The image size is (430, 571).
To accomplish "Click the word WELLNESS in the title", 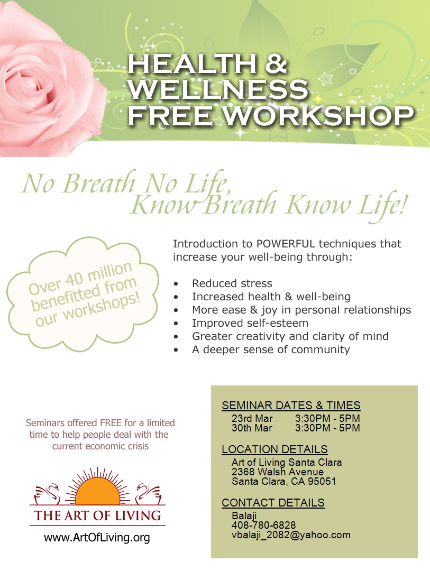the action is (x=218, y=89).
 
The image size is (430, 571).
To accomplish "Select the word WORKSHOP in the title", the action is (x=318, y=115).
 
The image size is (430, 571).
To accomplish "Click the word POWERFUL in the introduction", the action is (x=286, y=244).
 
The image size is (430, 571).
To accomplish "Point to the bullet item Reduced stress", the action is (x=232, y=283).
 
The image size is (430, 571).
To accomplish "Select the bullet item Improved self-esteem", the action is (x=250, y=323).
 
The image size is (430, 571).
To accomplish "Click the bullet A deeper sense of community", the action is (x=271, y=349).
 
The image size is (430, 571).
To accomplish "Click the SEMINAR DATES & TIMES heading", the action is (x=291, y=406).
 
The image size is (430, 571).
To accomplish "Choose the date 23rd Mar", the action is (x=252, y=418).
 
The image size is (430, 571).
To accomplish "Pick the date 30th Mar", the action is (x=252, y=428).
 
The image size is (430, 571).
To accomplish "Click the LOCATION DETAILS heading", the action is (x=275, y=449).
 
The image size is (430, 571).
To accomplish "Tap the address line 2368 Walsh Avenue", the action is (x=277, y=472).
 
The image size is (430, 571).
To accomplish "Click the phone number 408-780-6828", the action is (x=263, y=525).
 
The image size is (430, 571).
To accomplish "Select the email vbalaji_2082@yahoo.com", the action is (x=291, y=535).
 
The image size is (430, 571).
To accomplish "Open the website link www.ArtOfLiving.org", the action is (x=97, y=538).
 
